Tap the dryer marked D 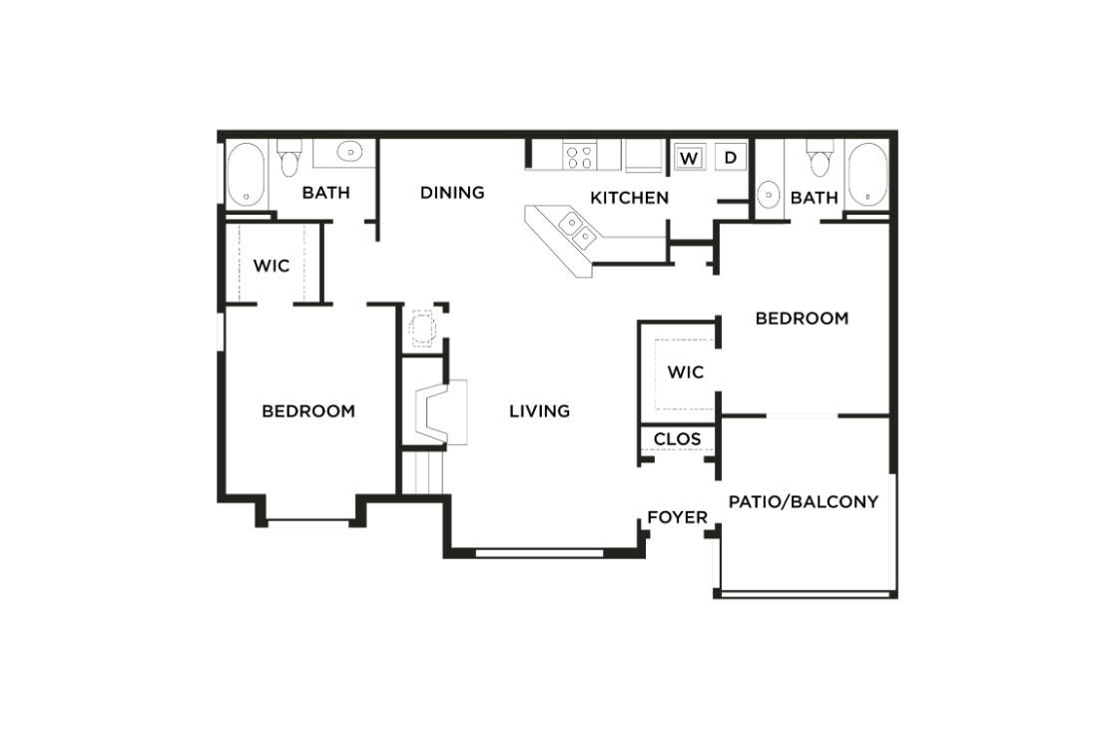coord(730,157)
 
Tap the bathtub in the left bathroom coord(245,174)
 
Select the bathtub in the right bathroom coord(866,174)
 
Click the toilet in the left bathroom coord(289,160)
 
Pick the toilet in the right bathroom coord(820,160)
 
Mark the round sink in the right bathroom coord(769,194)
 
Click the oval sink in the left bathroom coord(349,152)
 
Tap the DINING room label coord(452,192)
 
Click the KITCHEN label coord(629,198)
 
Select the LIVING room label coord(539,410)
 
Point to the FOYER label coord(677,517)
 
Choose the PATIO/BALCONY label coord(804,501)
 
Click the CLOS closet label coord(677,438)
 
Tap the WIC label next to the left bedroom coord(272,266)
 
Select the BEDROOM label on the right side coord(802,319)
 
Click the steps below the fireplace coord(422,471)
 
